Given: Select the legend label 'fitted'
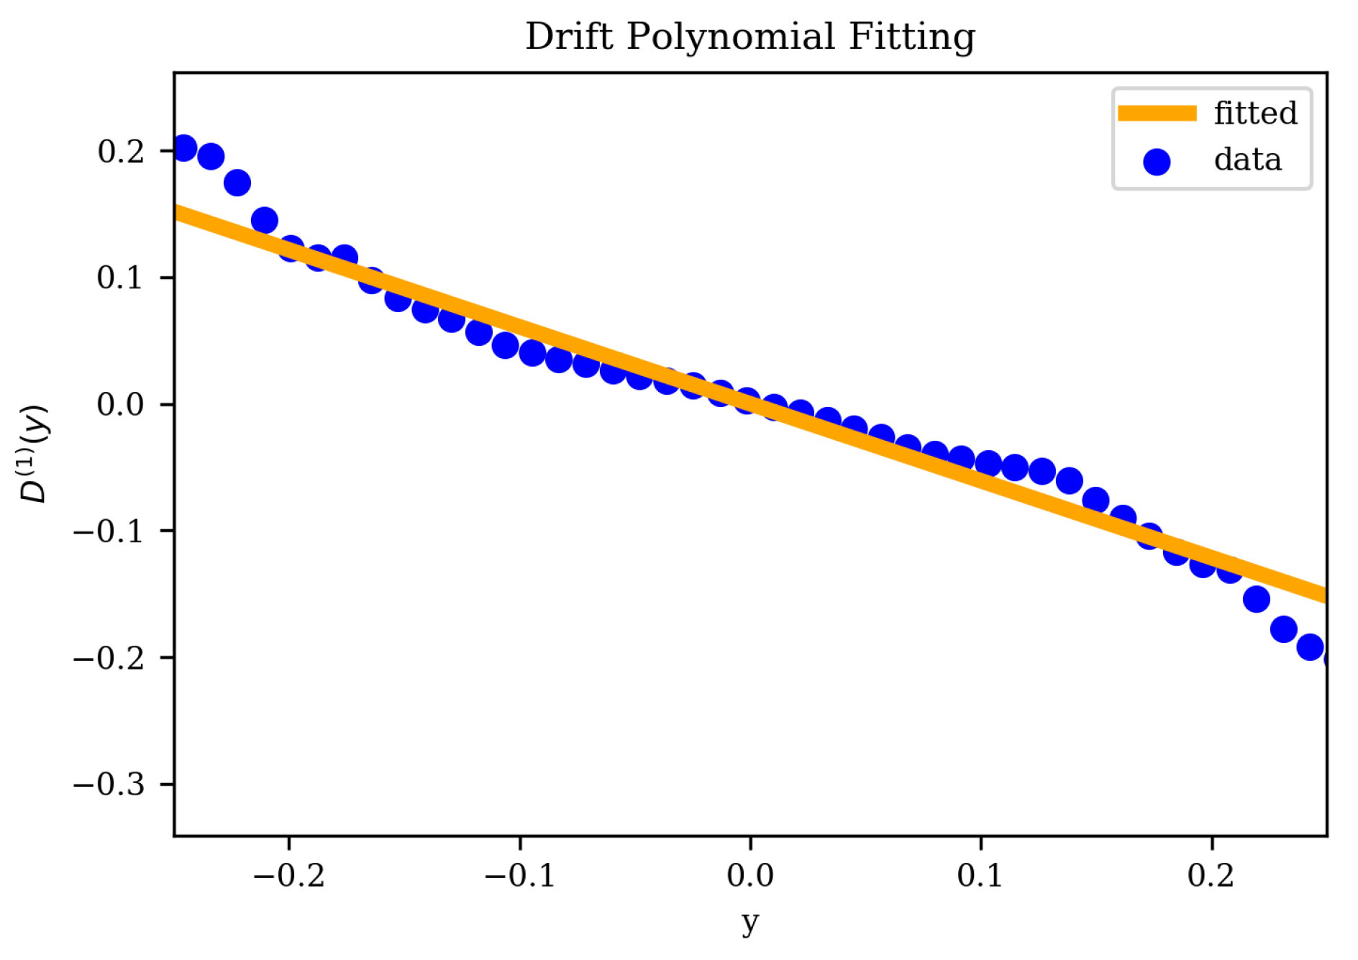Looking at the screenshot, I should coord(1255,114).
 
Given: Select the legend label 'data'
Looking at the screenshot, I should coord(1247,160).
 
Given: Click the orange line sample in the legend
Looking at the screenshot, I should coord(1157,114).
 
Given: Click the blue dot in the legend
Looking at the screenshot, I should coord(1157,161).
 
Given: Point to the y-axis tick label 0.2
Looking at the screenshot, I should coord(121,151).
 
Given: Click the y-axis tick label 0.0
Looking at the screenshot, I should coord(121,404).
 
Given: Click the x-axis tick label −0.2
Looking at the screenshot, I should coord(289,876).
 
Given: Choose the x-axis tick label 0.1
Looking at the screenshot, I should coord(980,876).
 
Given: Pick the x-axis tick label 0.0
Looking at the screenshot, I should coord(749,876).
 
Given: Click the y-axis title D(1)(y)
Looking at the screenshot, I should coord(34,454).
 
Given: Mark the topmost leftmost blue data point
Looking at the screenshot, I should coord(184,148).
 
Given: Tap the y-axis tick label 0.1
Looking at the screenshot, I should coord(121,278).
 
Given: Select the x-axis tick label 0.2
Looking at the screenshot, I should coord(1211,876).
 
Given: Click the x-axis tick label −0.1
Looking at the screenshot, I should coord(519,876).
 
